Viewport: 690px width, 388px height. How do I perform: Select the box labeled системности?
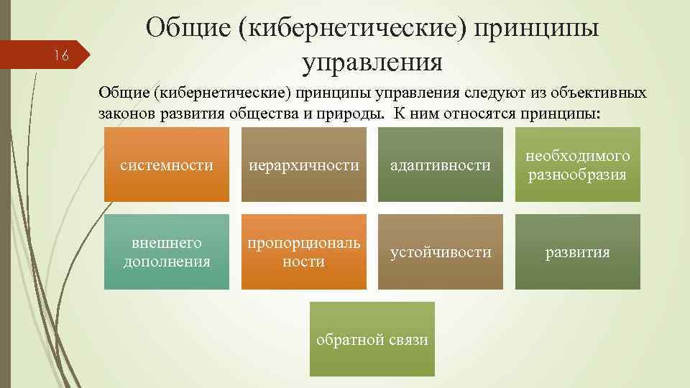pyautogui.click(x=167, y=165)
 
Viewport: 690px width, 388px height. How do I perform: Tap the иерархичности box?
pyautogui.click(x=303, y=165)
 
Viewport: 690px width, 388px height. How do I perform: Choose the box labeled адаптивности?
pyautogui.click(x=441, y=165)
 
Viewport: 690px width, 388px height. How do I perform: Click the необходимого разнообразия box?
pyautogui.click(x=578, y=165)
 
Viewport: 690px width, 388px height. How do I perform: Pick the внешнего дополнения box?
pyautogui.click(x=167, y=252)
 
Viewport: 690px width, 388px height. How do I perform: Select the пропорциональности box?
pyautogui.click(x=303, y=252)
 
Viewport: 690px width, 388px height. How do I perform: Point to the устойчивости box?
pyautogui.click(x=441, y=252)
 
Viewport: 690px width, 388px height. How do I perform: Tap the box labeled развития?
pyautogui.click(x=578, y=252)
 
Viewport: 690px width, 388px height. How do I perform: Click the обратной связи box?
pyautogui.click(x=372, y=339)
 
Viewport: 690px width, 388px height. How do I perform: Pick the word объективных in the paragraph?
pyautogui.click(x=597, y=93)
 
